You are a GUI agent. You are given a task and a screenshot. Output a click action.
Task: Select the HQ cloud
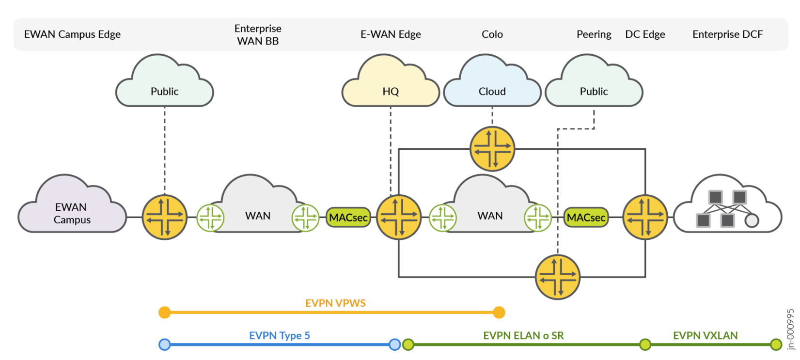[391, 87]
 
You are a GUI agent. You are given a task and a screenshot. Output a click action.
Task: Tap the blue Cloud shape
[492, 87]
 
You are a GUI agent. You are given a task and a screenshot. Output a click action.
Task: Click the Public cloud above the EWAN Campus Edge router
[164, 87]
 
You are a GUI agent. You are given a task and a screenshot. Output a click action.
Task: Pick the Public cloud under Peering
[594, 87]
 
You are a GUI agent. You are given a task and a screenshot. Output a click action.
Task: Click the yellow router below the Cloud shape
[492, 149]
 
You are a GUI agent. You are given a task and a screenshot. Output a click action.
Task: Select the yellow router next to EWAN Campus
[164, 217]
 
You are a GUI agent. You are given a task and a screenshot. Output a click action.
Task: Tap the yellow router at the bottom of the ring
[558, 277]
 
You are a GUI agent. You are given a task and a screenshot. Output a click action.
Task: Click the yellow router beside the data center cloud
[645, 217]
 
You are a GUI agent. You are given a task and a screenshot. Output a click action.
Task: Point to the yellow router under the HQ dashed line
[399, 217]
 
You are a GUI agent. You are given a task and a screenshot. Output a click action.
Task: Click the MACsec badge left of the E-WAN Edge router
[348, 218]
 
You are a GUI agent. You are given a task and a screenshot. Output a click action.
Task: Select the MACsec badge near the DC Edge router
[586, 218]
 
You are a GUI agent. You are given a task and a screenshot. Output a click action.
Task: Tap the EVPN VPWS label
[335, 303]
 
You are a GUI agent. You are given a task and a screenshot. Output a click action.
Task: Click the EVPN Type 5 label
[280, 336]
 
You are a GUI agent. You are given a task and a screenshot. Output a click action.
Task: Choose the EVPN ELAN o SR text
[523, 336]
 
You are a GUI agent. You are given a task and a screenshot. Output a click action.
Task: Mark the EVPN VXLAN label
[705, 336]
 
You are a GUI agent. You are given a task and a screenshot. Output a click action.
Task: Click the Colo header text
[492, 34]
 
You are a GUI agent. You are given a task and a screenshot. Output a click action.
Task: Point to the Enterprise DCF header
[727, 34]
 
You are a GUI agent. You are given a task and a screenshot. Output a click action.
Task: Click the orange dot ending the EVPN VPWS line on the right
[499, 313]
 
